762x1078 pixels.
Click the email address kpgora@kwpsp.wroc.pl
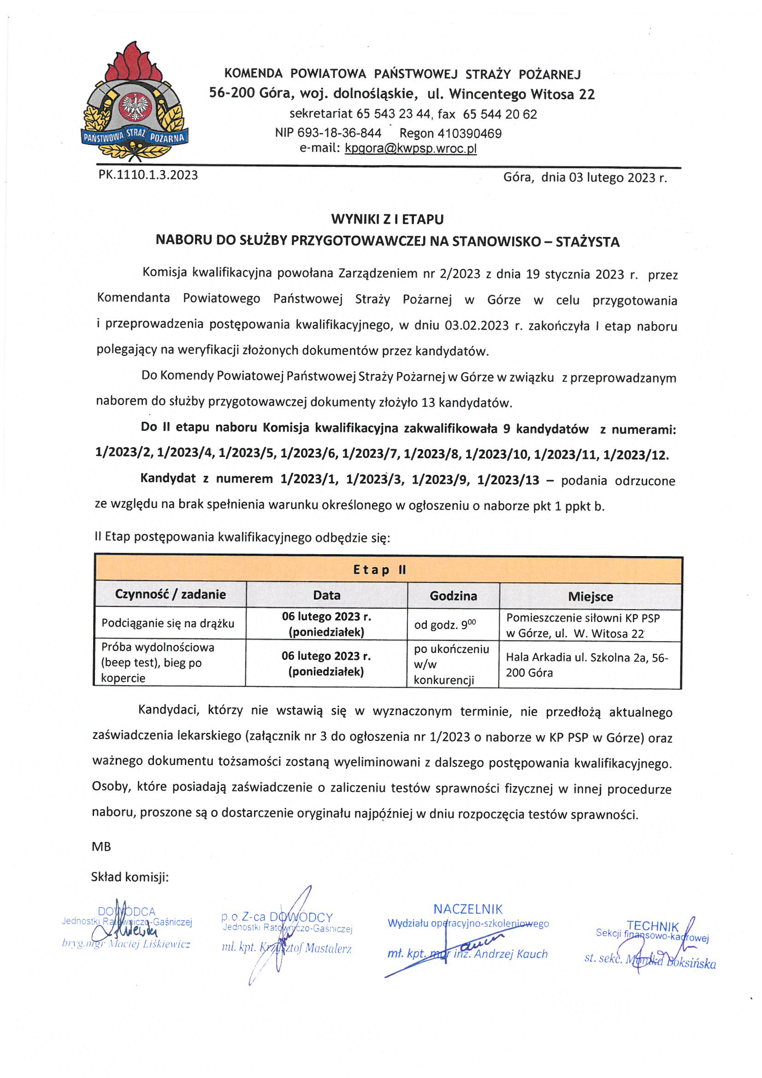[411, 148]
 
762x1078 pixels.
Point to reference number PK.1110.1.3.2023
[148, 175]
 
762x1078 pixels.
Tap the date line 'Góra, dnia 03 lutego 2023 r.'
[585, 178]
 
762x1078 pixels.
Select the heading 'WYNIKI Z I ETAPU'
[387, 219]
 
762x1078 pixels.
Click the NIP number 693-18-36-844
[328, 133]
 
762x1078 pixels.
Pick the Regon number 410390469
[450, 134]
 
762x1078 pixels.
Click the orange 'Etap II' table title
[379, 569]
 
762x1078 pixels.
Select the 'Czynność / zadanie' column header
[171, 595]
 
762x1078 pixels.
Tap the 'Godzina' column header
[453, 596]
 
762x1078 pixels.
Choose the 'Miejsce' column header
[590, 597]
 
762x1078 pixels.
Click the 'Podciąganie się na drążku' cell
[168, 623]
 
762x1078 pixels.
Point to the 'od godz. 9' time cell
[445, 625]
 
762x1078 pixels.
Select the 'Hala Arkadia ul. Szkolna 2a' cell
[586, 665]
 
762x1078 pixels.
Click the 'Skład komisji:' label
[130, 877]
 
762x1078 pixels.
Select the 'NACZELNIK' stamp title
[467, 909]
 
